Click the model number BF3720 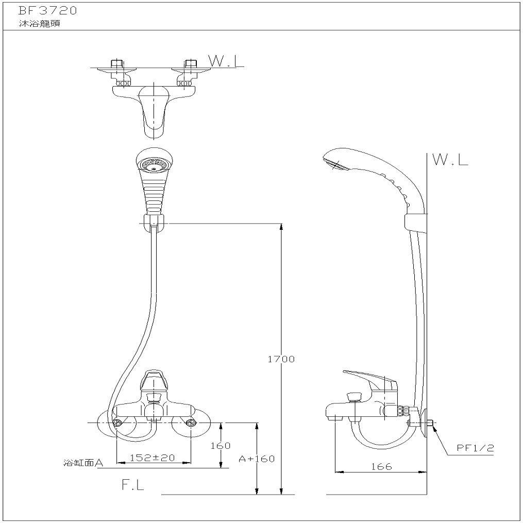coord(48,11)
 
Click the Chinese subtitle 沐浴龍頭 coord(40,24)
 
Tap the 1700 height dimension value coord(281,359)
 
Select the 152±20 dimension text coord(152,458)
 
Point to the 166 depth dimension coord(381,466)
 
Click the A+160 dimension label coord(257,459)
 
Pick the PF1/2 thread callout coord(475,448)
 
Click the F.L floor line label coord(133,485)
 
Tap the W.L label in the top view coord(226,61)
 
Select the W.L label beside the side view coord(450,160)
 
